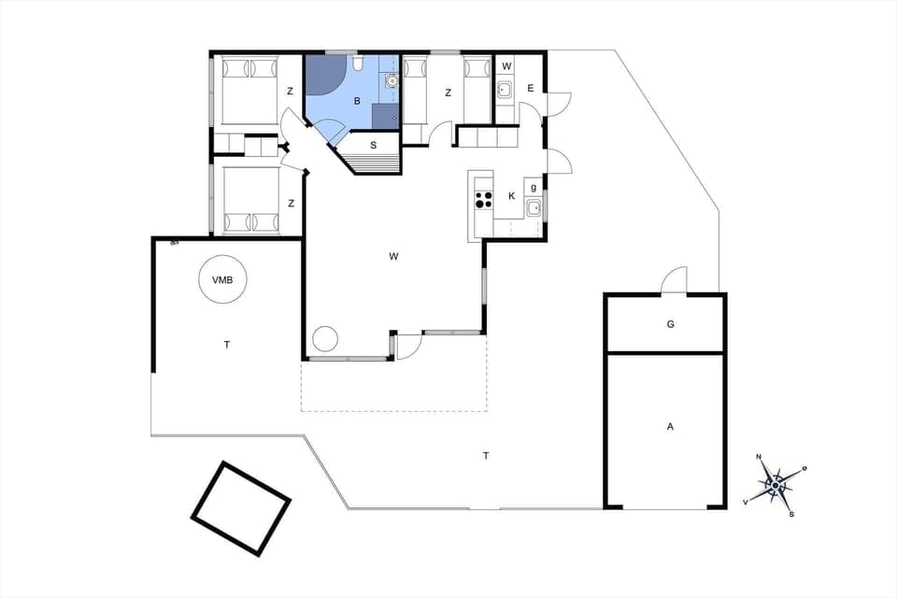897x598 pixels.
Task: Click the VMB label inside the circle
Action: pyautogui.click(x=222, y=279)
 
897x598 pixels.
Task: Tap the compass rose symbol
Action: pyautogui.click(x=775, y=484)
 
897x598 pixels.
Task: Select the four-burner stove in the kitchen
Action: pyautogui.click(x=484, y=198)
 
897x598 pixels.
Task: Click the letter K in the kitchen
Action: pyautogui.click(x=511, y=196)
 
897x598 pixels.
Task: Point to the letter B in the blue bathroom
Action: pyautogui.click(x=356, y=100)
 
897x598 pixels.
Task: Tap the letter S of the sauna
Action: pyautogui.click(x=374, y=145)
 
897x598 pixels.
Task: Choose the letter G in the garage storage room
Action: pyautogui.click(x=670, y=324)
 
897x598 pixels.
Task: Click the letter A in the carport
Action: pyautogui.click(x=670, y=426)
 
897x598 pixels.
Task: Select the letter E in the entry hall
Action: pyautogui.click(x=530, y=90)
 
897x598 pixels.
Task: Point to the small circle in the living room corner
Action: pyautogui.click(x=324, y=338)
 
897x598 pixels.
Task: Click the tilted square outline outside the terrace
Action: pyautogui.click(x=241, y=508)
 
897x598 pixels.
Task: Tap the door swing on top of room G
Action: pyautogui.click(x=674, y=280)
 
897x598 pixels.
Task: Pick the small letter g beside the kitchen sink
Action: pyautogui.click(x=534, y=185)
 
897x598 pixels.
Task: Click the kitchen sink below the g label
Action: pyautogui.click(x=534, y=207)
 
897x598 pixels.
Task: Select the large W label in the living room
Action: pyautogui.click(x=395, y=255)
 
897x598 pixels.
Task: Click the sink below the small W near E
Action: pyautogui.click(x=505, y=91)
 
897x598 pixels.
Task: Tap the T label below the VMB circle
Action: pyautogui.click(x=227, y=345)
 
